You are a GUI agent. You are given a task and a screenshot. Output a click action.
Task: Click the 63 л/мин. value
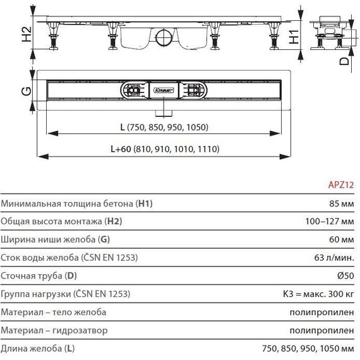pyautogui.click(x=332, y=258)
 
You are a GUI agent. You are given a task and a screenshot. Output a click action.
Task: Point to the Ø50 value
pyautogui.click(x=344, y=276)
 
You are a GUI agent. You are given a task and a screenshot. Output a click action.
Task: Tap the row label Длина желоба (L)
pyautogui.click(x=38, y=348)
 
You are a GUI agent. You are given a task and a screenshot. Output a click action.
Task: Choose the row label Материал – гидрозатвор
pyautogui.click(x=55, y=330)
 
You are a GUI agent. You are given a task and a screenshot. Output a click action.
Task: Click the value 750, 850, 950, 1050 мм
pyautogui.click(x=308, y=348)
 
